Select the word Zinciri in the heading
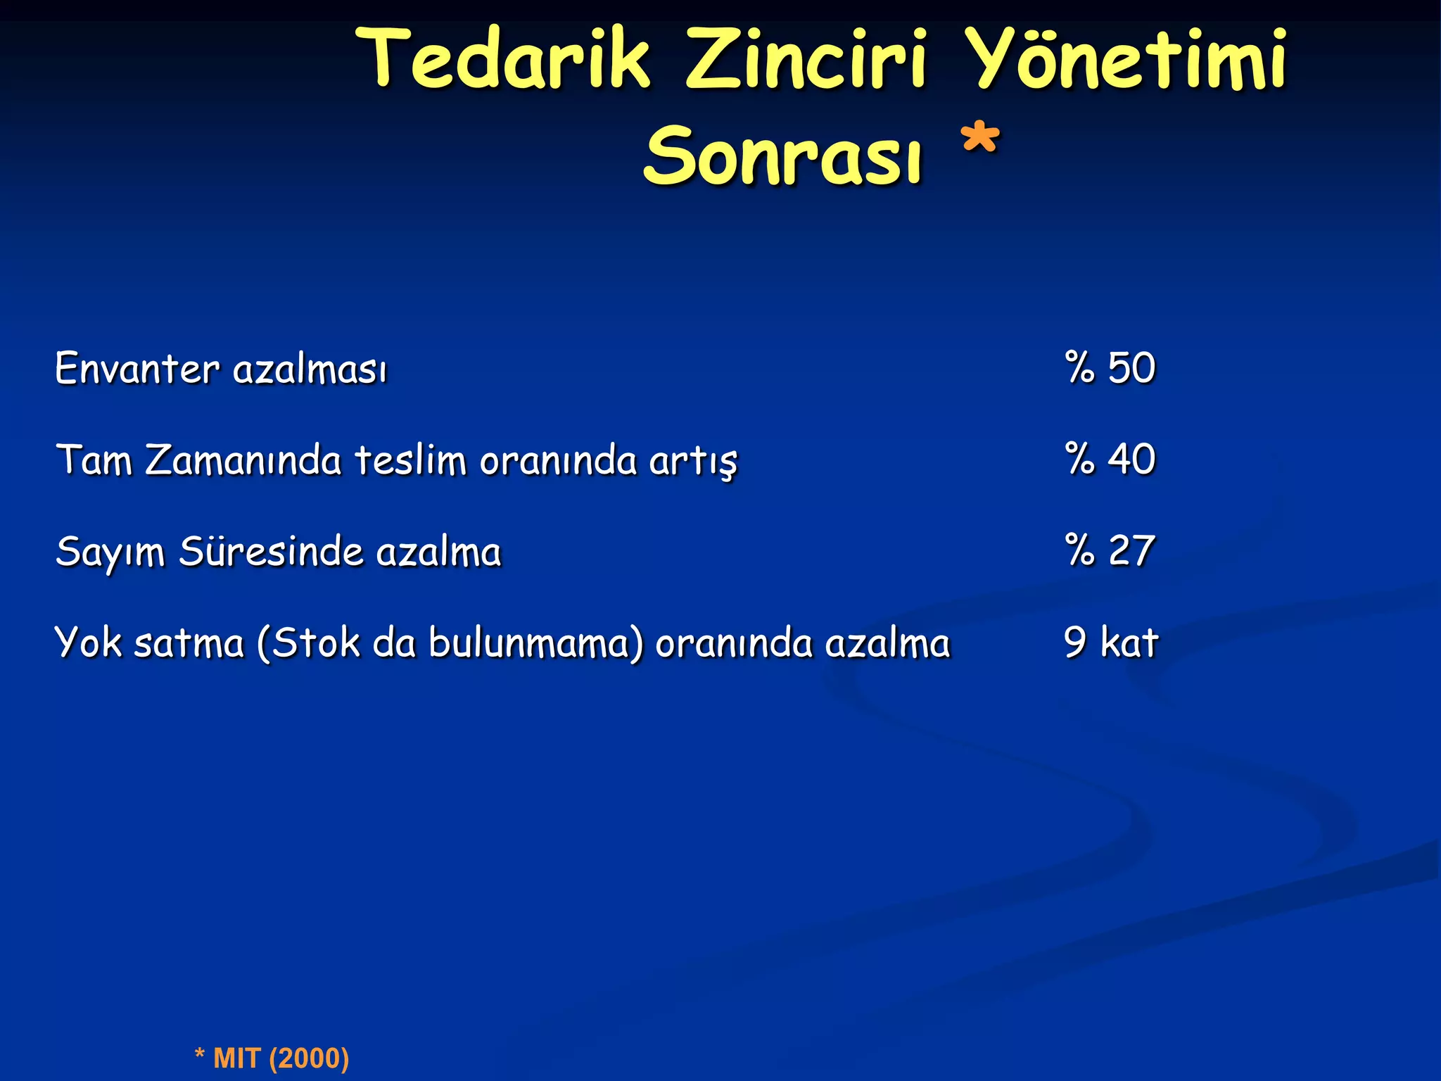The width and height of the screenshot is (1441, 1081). pos(806,59)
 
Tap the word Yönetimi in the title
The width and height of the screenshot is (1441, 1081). pos(1125,59)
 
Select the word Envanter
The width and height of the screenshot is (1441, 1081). pos(137,369)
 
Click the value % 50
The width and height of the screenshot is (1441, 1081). pos(1110,367)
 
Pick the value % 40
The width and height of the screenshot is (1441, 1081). pos(1110,459)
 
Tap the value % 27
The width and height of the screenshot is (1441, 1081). pos(1110,550)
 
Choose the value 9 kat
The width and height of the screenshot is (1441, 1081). pos(1110,642)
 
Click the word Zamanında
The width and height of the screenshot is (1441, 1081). pos(243,460)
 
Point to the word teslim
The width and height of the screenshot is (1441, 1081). pos(410,460)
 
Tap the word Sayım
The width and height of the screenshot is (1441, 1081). pos(110,553)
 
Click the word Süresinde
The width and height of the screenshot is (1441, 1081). pos(271,552)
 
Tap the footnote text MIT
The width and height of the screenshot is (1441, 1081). pos(237,1058)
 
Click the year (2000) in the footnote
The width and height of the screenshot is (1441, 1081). pos(309,1058)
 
